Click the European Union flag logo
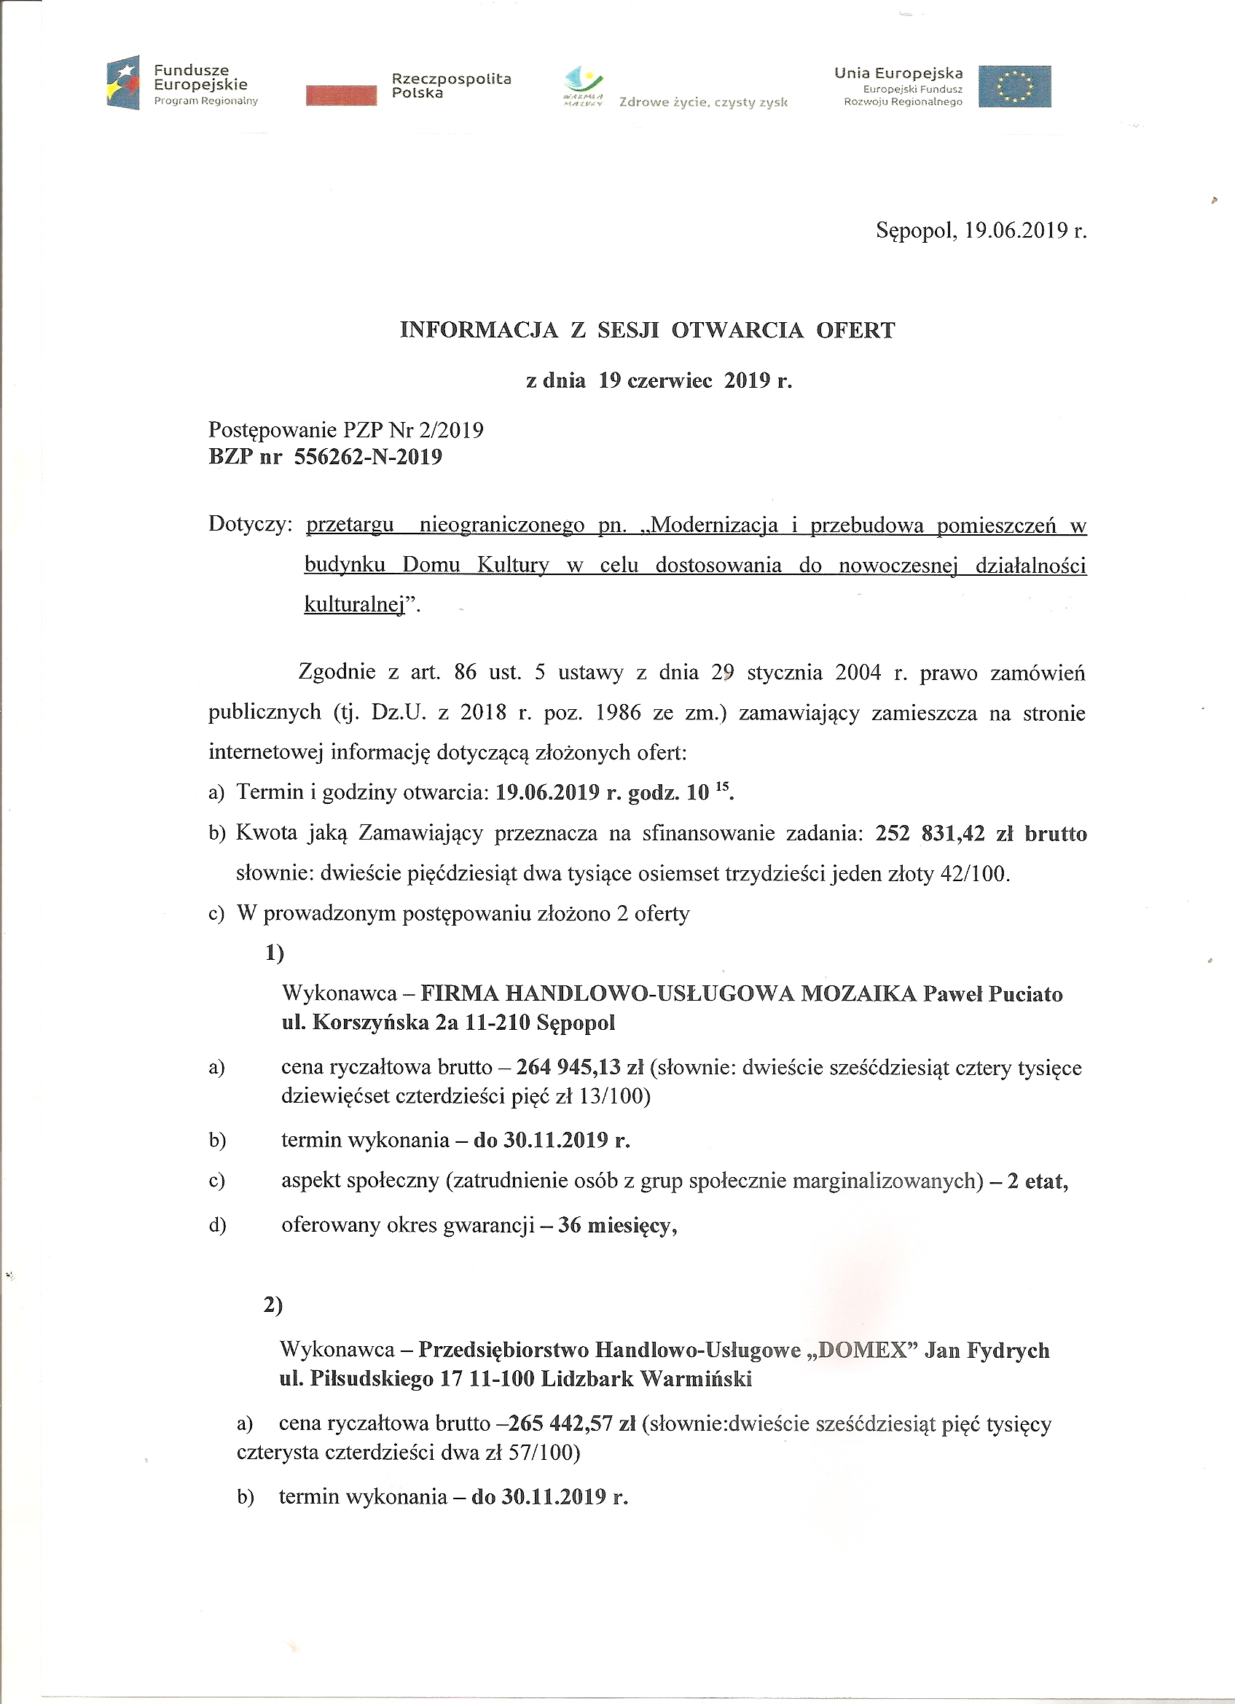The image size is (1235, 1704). coord(1014,87)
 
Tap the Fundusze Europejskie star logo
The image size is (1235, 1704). coord(123,82)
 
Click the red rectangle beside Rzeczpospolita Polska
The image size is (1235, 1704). coord(341,95)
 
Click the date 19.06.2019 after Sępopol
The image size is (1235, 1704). coord(1011,230)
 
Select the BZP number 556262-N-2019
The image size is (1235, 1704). coord(368,457)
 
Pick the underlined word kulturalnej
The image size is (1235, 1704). coord(355,604)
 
